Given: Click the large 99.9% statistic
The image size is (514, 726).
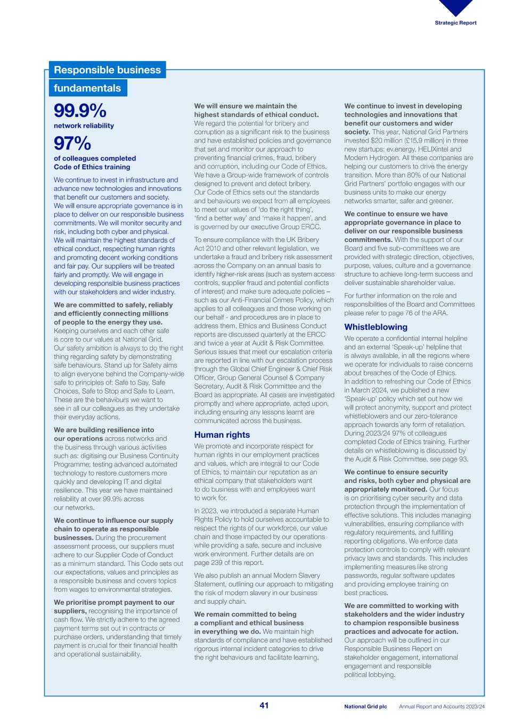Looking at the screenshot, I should [80, 111].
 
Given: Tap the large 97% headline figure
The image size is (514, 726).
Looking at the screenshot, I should [72, 144].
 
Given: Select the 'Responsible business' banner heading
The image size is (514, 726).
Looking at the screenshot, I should [107, 70].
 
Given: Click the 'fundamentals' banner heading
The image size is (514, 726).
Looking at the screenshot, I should [87, 88].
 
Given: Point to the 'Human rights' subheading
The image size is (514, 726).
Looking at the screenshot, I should [222, 435].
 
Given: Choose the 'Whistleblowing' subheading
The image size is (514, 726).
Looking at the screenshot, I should [376, 327].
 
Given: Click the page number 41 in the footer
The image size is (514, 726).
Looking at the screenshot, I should [264, 705].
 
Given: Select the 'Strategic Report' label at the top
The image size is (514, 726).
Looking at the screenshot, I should [455, 23].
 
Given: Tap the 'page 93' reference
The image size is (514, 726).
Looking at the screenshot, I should [454, 459].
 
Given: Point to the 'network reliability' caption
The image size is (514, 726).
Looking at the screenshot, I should [84, 126].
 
